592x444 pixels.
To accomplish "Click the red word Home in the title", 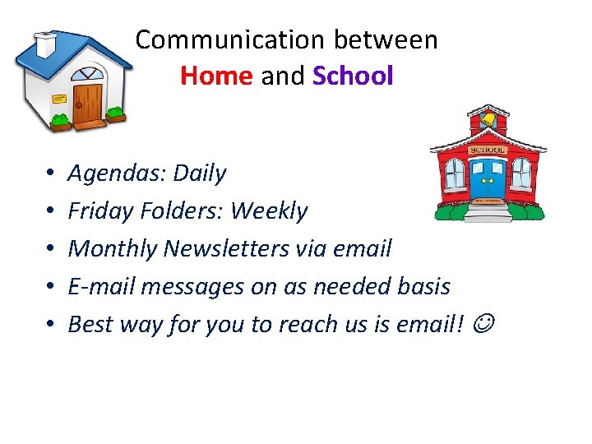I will [x=215, y=76].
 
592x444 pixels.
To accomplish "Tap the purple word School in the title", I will [x=353, y=76].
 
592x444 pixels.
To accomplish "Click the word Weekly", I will [x=269, y=211].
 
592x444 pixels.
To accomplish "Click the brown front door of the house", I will [x=87, y=102].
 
